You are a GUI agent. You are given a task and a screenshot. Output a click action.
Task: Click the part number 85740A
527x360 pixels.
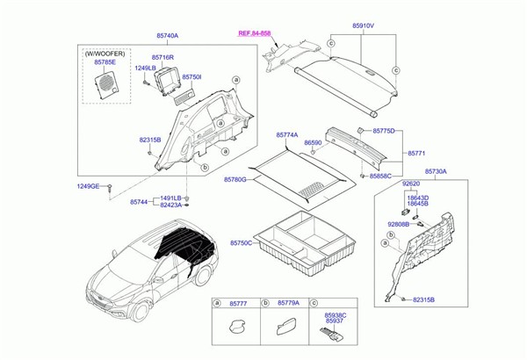point(167,35)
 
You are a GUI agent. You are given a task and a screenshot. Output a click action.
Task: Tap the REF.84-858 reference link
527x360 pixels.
point(256,32)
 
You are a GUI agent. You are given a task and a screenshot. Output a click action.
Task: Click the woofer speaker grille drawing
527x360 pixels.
point(109,82)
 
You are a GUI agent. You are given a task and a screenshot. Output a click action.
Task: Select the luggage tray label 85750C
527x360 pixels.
point(241,242)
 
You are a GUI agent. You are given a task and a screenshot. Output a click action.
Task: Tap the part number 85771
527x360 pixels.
point(417,153)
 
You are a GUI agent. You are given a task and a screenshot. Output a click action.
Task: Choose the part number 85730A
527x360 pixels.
point(436,171)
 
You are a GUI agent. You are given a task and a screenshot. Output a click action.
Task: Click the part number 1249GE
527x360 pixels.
point(88,187)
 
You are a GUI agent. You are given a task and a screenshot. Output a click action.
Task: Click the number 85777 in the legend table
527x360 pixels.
point(237,303)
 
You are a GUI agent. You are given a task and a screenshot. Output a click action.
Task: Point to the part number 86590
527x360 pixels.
point(314,141)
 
